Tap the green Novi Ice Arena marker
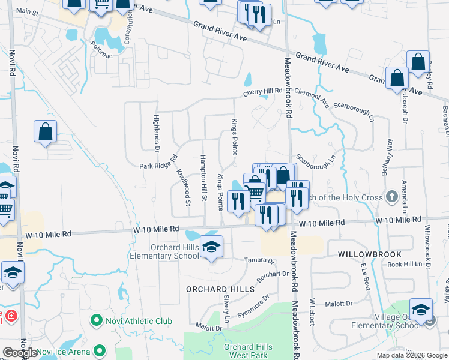click(x=99, y=351)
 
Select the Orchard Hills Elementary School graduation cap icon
click(x=211, y=247)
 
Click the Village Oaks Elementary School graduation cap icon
click(x=421, y=310)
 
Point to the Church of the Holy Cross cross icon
click(x=391, y=196)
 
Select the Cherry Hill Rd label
click(x=262, y=91)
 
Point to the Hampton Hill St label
click(x=203, y=181)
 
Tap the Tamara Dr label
click(x=259, y=260)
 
